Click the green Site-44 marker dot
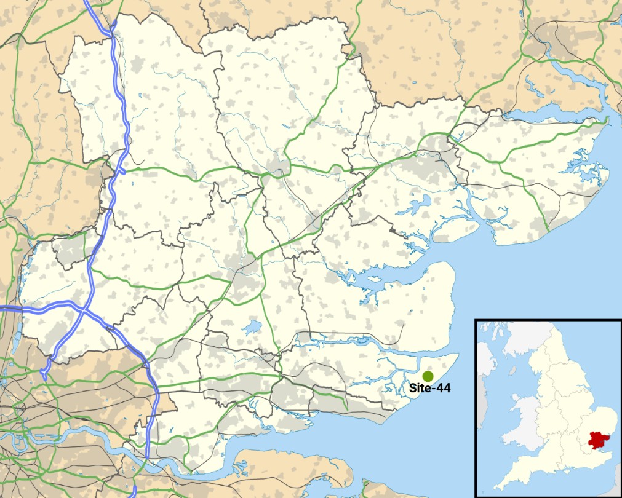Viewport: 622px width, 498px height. [428, 376]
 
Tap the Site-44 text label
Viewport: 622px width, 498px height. [429, 389]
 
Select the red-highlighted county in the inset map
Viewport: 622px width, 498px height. [596, 440]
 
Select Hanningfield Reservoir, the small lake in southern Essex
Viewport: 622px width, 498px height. [252, 327]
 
